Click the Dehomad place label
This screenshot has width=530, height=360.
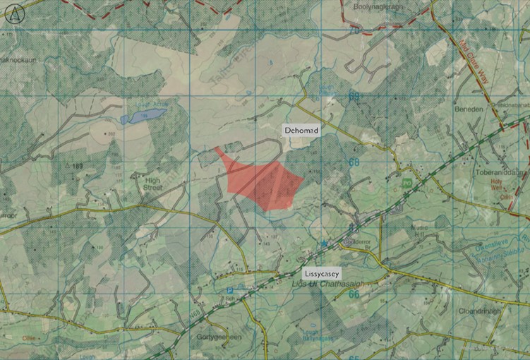pyautogui.click(x=301, y=131)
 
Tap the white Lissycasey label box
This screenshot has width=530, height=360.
pyautogui.click(x=323, y=272)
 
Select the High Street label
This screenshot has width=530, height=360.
pyautogui.click(x=153, y=184)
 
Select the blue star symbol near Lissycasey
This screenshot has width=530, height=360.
pyautogui.click(x=325, y=244)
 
